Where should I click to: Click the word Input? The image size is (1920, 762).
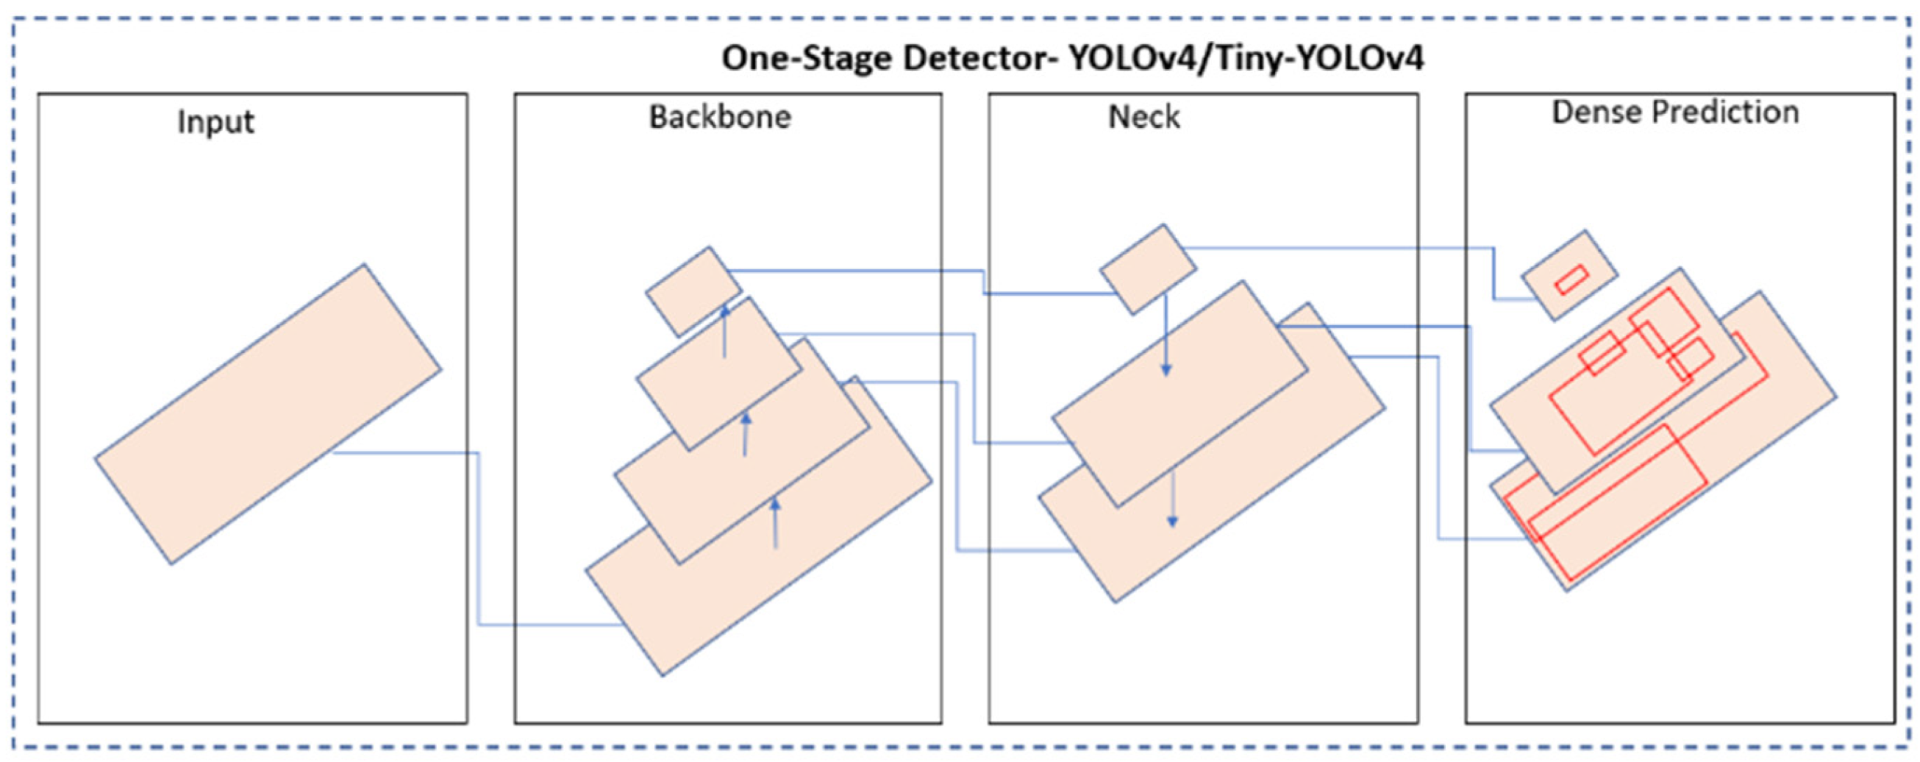215,121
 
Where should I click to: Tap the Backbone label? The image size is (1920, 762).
719,117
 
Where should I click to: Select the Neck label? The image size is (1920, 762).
1143,117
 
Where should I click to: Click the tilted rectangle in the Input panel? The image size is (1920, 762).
268,414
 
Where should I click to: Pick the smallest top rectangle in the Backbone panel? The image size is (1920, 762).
693,291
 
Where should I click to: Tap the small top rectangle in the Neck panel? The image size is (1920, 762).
1148,268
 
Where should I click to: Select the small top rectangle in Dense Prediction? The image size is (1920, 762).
1569,274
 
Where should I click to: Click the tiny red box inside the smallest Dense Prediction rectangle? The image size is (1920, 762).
1571,279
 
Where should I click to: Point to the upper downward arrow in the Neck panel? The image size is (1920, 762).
1166,335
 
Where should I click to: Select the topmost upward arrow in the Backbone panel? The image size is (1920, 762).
724,332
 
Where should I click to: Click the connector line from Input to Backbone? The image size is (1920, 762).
479,537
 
